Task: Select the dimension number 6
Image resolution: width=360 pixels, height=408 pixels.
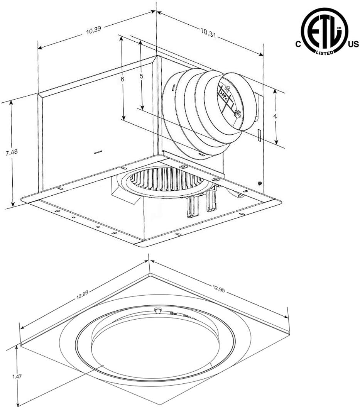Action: coord(122,79)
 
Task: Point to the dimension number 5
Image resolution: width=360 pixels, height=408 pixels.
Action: coord(141,76)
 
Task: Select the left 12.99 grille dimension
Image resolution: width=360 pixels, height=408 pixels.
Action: coord(82,295)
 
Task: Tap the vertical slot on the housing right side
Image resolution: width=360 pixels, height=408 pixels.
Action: coord(259,135)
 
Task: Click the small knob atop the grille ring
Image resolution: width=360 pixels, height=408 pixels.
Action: coord(157,310)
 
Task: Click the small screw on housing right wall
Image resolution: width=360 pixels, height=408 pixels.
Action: coord(260,183)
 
